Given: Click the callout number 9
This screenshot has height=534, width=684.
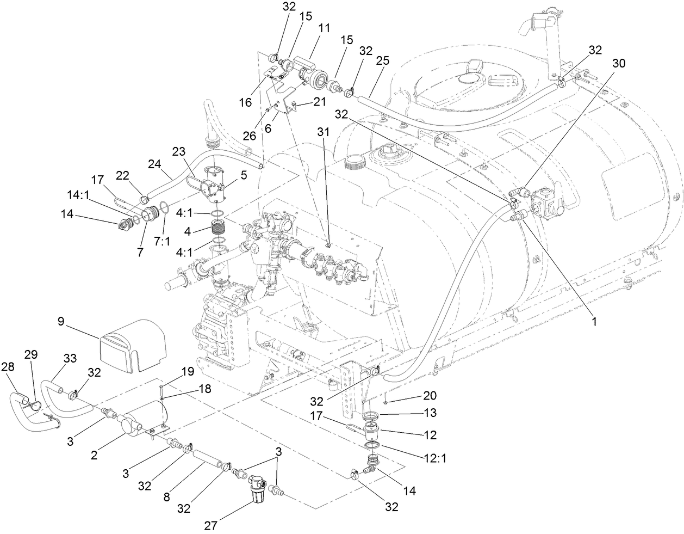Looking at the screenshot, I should tap(61, 321).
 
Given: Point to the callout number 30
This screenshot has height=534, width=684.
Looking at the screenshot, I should tap(619, 63).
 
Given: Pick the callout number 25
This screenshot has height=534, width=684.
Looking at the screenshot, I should tap(382, 60).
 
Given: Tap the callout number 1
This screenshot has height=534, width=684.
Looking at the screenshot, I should tap(594, 322).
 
